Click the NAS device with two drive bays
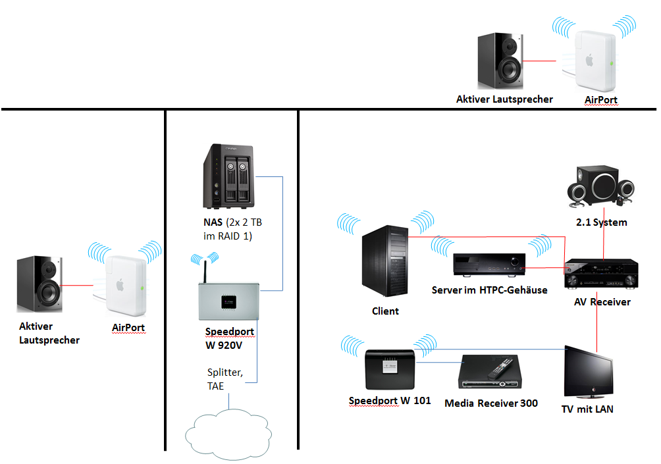[x=227, y=176]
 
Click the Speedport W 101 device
[x=389, y=369]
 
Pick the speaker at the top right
[x=501, y=62]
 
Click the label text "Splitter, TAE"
[x=225, y=380]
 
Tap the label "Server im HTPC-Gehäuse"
[x=489, y=290]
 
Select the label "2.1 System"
[x=601, y=222]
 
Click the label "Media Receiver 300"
[x=490, y=403]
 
